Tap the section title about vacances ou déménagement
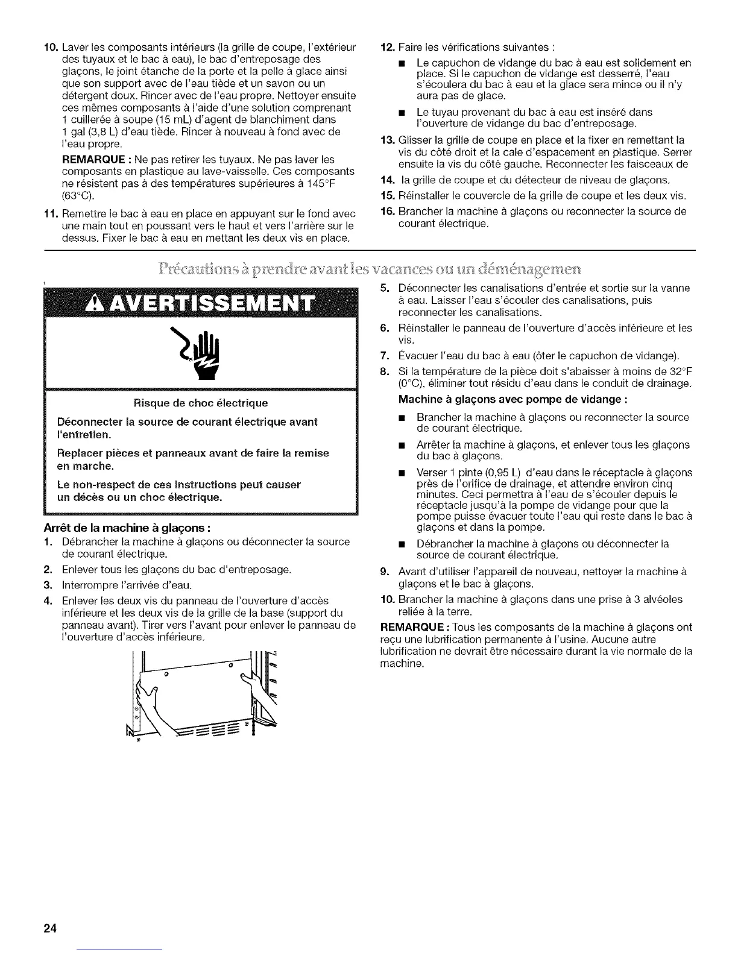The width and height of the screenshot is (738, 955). point(369,267)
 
